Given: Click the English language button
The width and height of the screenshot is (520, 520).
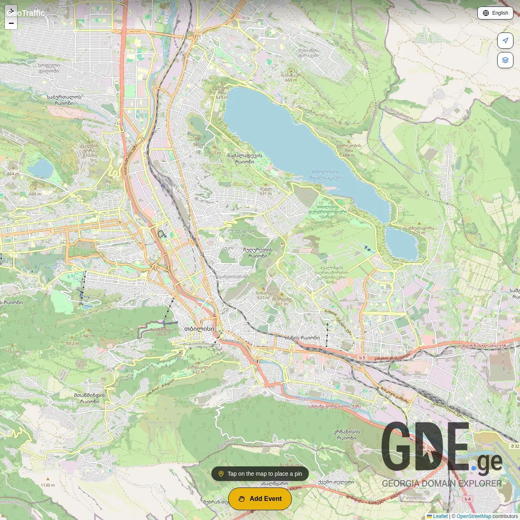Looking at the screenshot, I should [495, 13].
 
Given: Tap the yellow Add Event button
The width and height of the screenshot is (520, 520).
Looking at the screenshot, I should [260, 498].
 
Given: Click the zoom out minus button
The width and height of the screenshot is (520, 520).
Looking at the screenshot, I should [11, 24].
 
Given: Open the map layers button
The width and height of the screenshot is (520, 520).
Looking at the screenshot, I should [505, 60].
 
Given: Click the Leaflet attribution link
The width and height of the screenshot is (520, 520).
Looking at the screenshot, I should [440, 516].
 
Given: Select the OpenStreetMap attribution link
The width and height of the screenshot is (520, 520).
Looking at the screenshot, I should [474, 516].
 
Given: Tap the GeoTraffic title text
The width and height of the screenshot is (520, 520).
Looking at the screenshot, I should [26, 13].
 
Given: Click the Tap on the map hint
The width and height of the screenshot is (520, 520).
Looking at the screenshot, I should [260, 474].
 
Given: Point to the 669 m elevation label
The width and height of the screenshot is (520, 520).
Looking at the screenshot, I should [291, 80].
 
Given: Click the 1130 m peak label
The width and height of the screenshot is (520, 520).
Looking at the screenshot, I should [48, 485].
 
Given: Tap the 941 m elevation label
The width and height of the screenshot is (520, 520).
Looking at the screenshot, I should [89, 336].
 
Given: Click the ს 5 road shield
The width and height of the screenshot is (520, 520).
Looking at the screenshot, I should [362, 357].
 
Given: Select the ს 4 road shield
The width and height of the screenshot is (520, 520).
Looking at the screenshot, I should [468, 499].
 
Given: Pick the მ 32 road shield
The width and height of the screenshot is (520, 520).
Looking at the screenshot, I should [515, 446].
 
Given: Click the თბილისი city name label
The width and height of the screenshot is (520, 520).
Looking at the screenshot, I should [199, 329].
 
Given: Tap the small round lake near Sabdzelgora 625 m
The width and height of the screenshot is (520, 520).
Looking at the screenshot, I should [401, 244].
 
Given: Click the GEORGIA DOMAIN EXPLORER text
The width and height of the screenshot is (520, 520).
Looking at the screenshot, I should [442, 483].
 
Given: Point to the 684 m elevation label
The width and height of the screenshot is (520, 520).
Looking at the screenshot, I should [349, 155].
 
